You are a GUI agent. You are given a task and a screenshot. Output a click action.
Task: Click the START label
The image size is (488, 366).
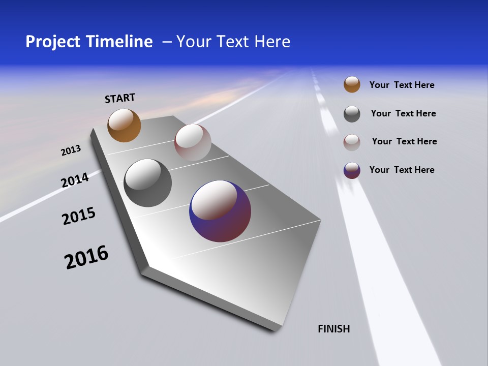tap(120, 98)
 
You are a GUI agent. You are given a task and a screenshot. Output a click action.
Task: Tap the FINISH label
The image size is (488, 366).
tap(334, 329)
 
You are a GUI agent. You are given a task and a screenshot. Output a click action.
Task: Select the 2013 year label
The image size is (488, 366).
tap(71, 150)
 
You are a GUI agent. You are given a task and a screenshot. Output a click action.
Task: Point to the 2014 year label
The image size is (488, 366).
tap(75, 180)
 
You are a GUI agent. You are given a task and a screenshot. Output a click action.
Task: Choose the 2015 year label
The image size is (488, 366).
tap(79, 216)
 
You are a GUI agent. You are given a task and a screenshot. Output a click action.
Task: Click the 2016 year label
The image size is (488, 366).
tap(86, 257)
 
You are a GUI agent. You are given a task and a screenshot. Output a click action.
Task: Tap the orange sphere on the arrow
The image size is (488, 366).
tap(124, 125)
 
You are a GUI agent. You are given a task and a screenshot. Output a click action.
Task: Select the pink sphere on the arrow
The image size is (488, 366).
tap(193, 142)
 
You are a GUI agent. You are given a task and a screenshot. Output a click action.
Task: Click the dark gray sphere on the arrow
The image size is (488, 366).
tap(147, 183)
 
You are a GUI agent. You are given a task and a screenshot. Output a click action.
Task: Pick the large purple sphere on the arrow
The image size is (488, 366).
tap(220, 211)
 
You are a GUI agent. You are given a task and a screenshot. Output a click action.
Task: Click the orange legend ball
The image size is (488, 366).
tap(352, 84)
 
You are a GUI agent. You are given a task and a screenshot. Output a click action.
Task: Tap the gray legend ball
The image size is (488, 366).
tap(352, 114)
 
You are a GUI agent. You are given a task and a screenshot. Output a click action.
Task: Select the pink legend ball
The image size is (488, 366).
tap(352, 142)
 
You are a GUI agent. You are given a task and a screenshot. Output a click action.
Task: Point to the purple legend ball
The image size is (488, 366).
tap(352, 170)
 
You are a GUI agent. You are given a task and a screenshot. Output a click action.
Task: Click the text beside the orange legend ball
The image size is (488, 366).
tap(402, 85)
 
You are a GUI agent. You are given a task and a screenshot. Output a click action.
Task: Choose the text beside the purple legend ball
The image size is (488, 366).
tap(402, 170)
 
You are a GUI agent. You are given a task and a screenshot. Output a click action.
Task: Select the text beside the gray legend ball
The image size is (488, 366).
tap(403, 113)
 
